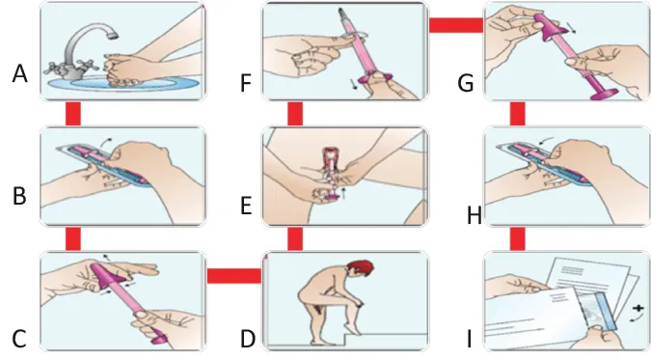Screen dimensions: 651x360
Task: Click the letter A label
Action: tap(19, 74)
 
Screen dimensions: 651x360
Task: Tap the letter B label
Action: tap(19, 196)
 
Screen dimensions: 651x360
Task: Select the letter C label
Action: tap(19, 339)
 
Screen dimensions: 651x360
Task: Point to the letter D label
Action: tap(248, 339)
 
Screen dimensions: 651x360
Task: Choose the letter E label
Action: tap(246, 206)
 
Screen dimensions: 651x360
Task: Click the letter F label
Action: tap(246, 83)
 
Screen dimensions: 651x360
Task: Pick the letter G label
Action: tap(466, 83)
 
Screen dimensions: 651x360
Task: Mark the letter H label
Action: tap(475, 216)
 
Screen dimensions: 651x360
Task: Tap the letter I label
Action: tap(469, 339)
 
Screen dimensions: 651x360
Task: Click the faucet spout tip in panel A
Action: tap(111, 35)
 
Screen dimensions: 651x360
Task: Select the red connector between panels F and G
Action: tap(456, 25)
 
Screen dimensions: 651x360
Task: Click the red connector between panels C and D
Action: tap(234, 276)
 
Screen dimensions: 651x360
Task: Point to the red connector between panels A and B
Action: tap(73, 113)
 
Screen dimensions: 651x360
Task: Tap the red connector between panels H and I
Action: tap(517, 238)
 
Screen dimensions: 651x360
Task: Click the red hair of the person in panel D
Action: tap(362, 266)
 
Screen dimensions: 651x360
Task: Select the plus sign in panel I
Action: tap(638, 309)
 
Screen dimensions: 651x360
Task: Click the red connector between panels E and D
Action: tap(295, 238)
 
